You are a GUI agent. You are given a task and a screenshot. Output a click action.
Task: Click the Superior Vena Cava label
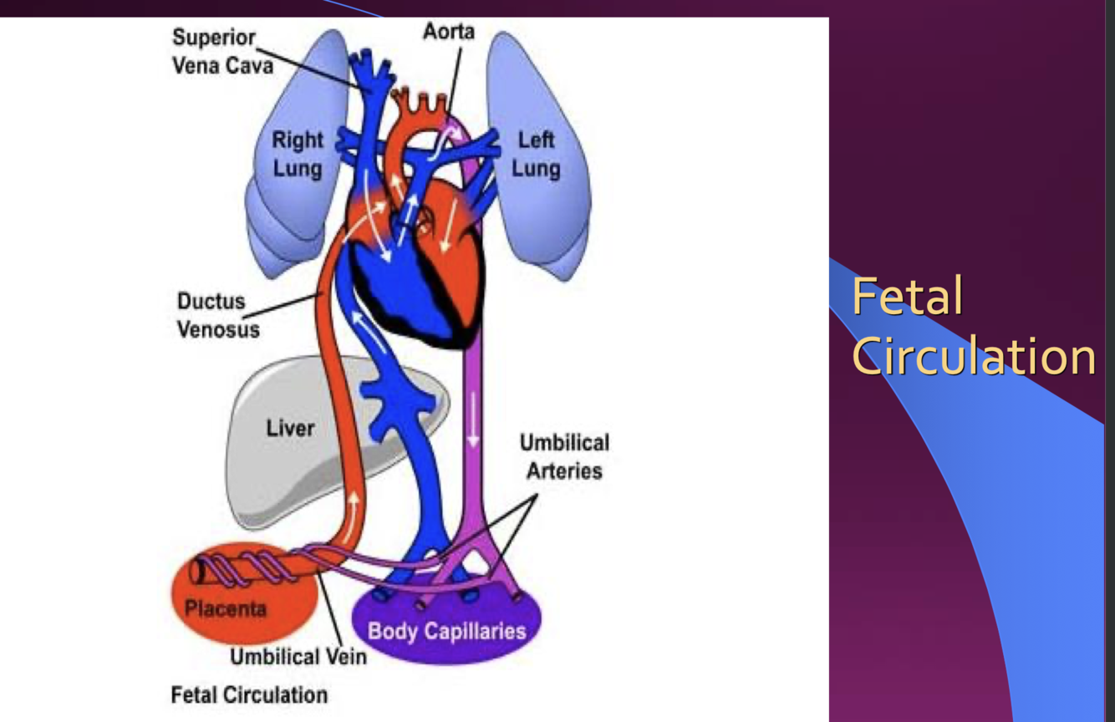[222, 51]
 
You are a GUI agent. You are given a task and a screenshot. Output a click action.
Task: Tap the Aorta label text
[448, 32]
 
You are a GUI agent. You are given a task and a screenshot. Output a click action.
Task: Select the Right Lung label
[297, 154]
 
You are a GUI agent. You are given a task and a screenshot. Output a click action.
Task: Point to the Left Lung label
[536, 154]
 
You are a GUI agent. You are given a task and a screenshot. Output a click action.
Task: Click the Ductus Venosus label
[217, 314]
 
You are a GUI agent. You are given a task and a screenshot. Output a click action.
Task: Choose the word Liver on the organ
[290, 429]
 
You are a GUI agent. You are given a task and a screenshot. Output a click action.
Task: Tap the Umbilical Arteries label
[564, 456]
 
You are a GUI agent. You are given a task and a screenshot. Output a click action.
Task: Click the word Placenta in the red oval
[225, 608]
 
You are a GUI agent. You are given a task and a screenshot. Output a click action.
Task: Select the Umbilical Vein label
[298, 657]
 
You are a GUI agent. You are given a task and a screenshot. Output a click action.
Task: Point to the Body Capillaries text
[447, 630]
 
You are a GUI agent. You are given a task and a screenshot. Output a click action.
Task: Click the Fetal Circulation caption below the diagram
[249, 694]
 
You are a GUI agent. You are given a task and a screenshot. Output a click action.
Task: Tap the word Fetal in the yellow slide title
[907, 297]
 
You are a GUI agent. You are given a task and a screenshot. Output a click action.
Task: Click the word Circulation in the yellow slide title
[974, 357]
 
